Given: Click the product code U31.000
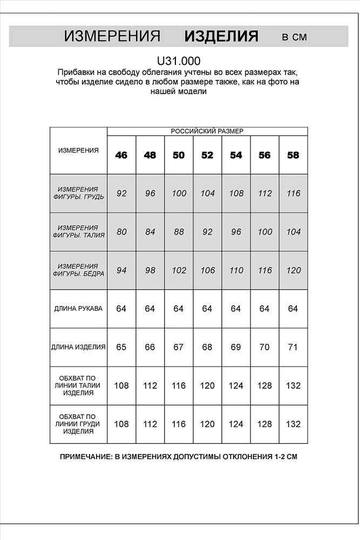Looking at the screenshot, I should click(179, 62).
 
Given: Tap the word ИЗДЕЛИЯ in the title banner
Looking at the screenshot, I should click(221, 37).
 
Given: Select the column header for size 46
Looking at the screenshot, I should click(121, 156).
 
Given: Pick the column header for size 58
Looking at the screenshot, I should click(293, 156).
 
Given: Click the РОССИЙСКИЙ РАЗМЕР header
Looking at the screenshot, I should click(207, 131).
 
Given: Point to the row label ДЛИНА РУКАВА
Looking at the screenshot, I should click(78, 309).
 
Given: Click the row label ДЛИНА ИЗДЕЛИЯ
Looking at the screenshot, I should click(78, 347).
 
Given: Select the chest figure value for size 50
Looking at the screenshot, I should click(179, 193).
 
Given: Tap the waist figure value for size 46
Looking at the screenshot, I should click(121, 232).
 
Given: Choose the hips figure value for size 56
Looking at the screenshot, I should click(264, 271).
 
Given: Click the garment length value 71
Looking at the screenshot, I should click(293, 347).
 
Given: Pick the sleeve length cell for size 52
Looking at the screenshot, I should click(207, 309).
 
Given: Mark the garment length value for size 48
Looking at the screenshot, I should click(150, 347).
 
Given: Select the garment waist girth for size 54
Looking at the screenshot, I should click(236, 386).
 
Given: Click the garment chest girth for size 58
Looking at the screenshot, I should click(293, 424).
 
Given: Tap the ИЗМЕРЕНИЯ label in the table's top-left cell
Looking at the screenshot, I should click(78, 151).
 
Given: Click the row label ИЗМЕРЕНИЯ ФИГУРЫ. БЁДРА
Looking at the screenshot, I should click(78, 270).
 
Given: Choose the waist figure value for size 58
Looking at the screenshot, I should click(293, 232).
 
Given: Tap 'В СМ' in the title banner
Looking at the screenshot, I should click(294, 37).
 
